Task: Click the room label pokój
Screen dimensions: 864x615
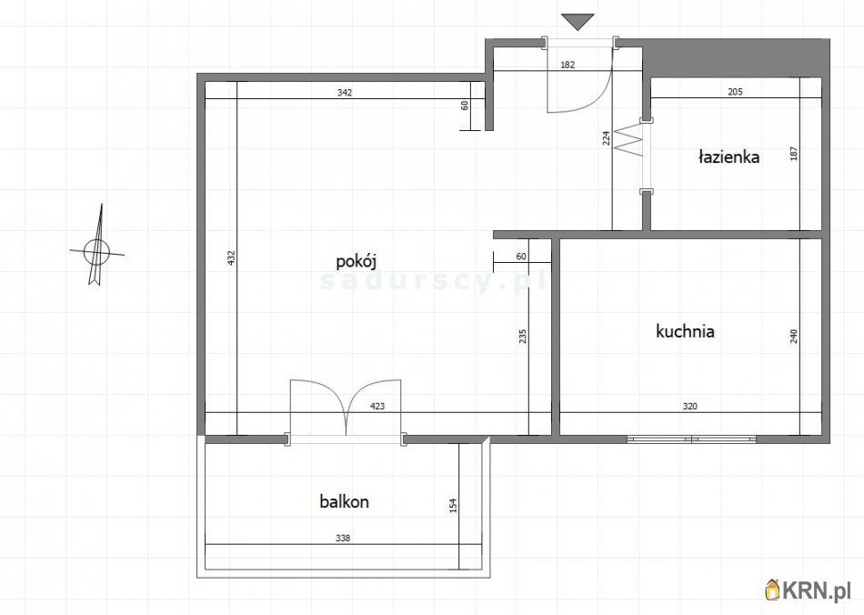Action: [356, 261]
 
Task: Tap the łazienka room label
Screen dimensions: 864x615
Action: [728, 157]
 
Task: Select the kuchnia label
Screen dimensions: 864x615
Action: [686, 331]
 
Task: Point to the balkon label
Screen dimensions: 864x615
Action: [345, 501]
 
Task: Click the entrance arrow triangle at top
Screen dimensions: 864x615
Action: [578, 22]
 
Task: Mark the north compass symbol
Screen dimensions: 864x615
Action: [97, 247]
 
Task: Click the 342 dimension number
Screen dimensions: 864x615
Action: [345, 93]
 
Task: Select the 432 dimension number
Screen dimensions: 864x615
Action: [231, 257]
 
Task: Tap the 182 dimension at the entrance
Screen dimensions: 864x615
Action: [568, 65]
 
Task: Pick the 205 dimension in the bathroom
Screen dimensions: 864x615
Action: [735, 92]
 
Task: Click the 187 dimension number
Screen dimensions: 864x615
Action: [794, 153]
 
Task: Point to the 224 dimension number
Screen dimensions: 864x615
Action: [606, 137]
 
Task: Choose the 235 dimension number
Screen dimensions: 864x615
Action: [523, 336]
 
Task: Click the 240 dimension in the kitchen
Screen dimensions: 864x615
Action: [794, 336]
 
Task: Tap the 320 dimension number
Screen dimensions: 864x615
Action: [690, 407]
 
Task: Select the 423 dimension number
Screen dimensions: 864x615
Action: [377, 407]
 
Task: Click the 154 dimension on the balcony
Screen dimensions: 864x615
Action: [454, 505]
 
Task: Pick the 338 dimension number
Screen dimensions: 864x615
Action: [343, 539]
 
